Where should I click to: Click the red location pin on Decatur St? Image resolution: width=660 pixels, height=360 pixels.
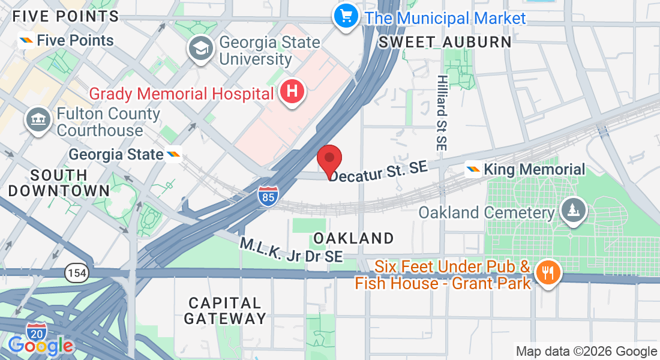329,159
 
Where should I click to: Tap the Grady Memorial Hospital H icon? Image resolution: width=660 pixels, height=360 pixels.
292,92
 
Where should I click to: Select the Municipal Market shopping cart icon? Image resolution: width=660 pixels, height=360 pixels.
346,15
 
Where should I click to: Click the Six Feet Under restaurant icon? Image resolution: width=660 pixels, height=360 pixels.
547,273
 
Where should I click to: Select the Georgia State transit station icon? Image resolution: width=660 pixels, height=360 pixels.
174,155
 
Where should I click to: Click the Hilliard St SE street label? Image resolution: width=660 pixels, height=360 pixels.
442,112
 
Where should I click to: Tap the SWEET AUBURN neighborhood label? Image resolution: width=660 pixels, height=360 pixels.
445,42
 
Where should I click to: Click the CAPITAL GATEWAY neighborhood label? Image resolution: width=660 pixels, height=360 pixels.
224,310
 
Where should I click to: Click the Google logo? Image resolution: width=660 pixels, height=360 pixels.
41,346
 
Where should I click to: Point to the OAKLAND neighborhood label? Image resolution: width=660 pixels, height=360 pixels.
353,238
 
